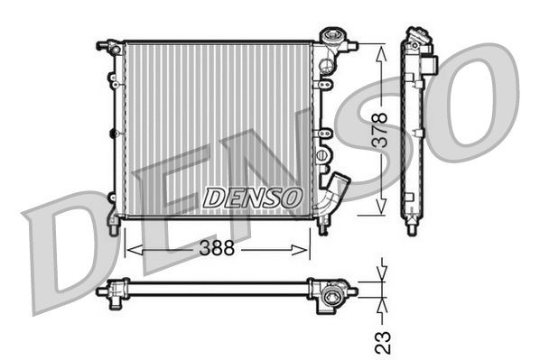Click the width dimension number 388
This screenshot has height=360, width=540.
point(218,247)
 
